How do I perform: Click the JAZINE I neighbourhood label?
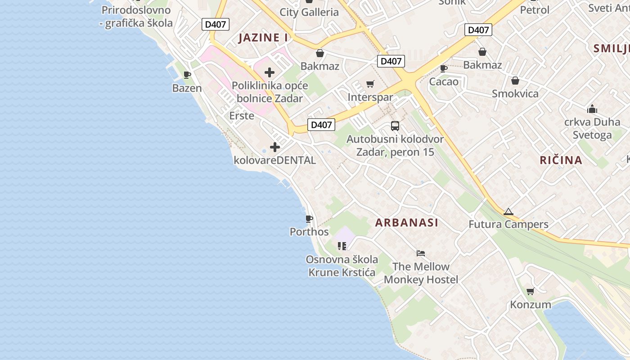tap(263, 38)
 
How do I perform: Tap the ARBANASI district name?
tap(407, 222)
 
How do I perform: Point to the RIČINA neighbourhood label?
tap(561, 160)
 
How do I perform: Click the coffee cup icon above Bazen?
tap(187, 75)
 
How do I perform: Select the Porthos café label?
tap(309, 232)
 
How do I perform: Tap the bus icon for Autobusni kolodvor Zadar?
tap(395, 126)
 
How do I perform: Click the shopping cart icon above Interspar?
tap(370, 84)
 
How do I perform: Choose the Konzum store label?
tap(530, 305)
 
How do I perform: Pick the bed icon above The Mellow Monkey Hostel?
tap(421, 253)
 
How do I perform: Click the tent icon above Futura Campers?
tap(508, 211)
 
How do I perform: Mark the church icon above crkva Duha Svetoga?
tap(592, 109)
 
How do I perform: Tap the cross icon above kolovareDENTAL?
tap(274, 147)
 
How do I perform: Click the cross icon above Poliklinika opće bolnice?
tap(270, 72)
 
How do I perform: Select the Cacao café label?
tap(444, 82)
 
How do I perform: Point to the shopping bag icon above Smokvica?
tap(515, 81)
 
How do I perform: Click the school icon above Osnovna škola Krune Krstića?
tap(342, 246)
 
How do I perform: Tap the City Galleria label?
tap(309, 12)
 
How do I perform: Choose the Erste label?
tap(242, 116)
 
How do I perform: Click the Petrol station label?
tap(535, 10)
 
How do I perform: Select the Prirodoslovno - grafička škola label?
tap(136, 17)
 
